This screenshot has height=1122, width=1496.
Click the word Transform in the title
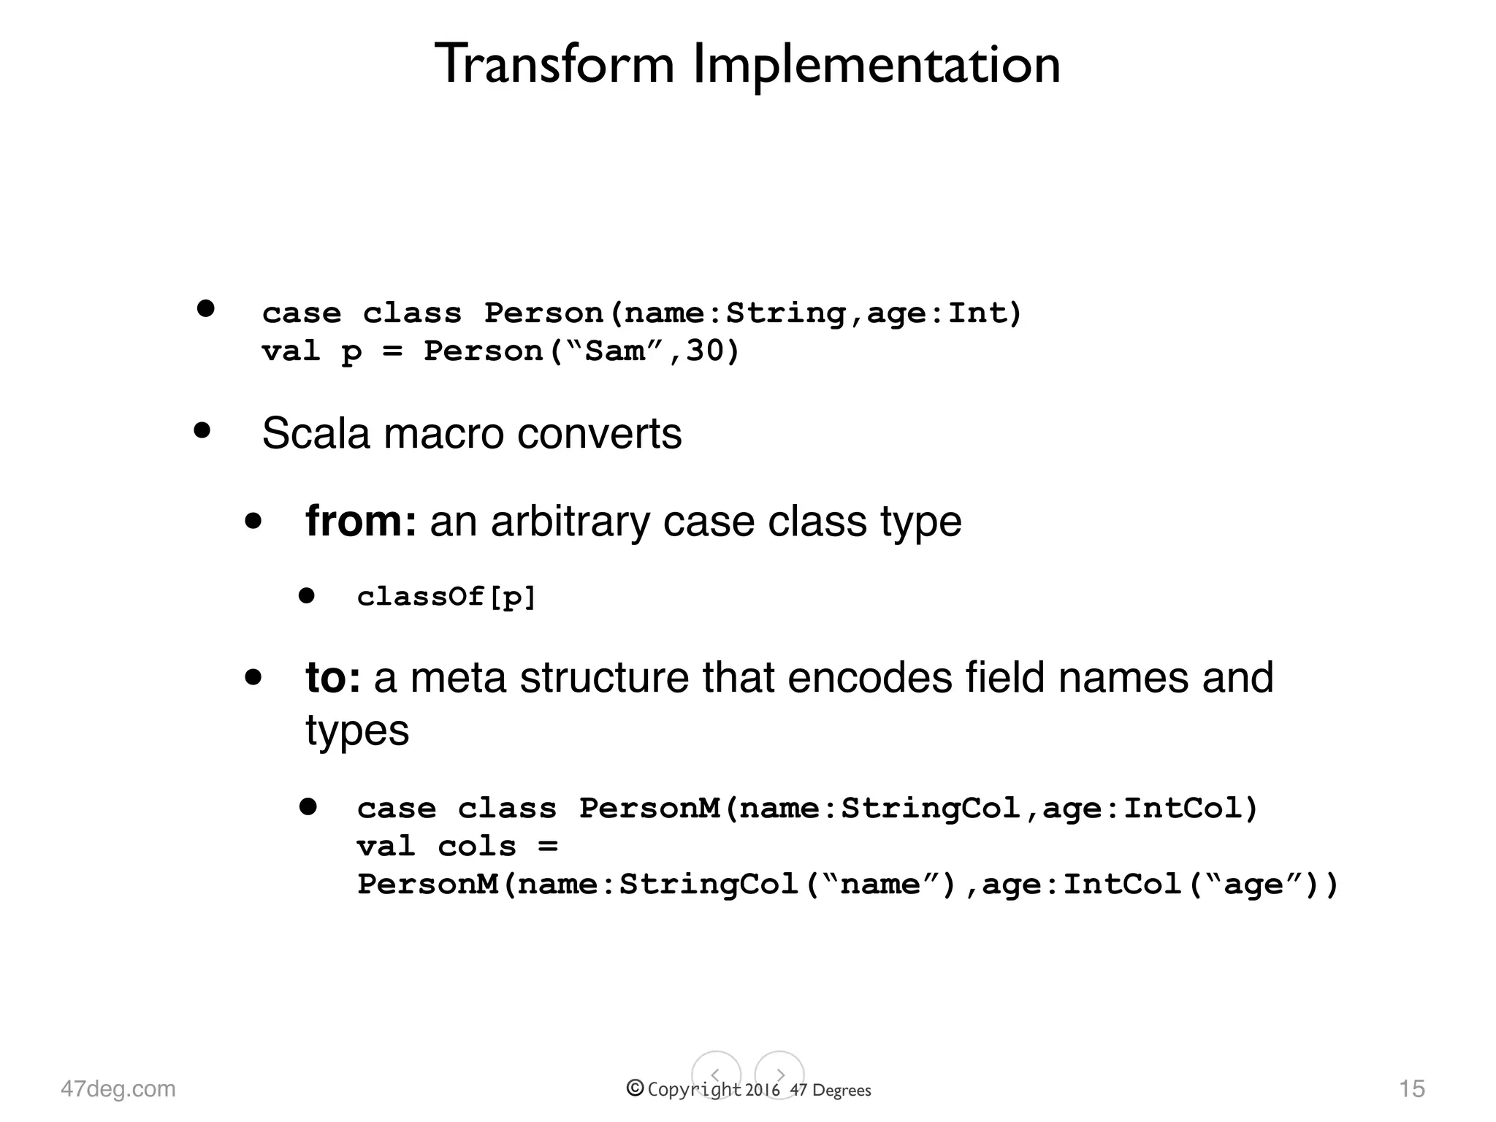pos(555,64)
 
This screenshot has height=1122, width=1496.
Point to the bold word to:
pos(332,677)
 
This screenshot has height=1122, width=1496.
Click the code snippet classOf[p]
pos(446,597)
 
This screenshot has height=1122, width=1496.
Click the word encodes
pos(869,677)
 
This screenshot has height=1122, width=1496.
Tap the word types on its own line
pos(357,730)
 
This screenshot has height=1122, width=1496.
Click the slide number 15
pos(1411,1088)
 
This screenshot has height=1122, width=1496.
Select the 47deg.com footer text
pos(118,1088)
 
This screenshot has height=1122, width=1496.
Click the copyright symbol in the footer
pos(635,1088)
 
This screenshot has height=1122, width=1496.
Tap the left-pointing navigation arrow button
pos(716,1075)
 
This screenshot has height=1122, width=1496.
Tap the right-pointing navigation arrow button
pos(779,1075)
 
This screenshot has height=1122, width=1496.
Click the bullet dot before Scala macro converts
pos(202,430)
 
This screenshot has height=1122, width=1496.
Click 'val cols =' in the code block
pos(457,847)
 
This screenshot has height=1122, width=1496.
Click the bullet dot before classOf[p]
pos(307,596)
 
